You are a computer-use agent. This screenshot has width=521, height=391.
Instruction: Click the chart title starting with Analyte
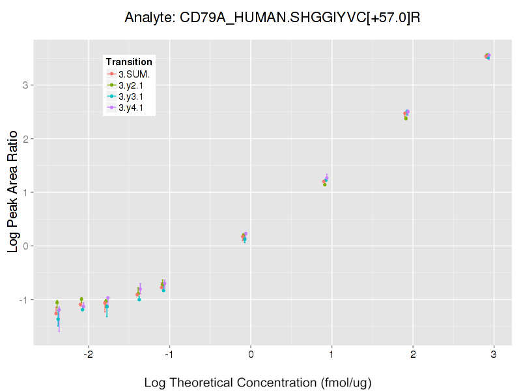pyautogui.click(x=272, y=18)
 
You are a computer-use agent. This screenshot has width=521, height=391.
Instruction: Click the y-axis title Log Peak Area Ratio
pyautogui.click(x=13, y=192)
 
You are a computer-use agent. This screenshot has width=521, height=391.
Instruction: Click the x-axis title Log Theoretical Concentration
pyautogui.click(x=258, y=383)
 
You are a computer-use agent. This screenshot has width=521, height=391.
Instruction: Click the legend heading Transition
pyautogui.click(x=129, y=62)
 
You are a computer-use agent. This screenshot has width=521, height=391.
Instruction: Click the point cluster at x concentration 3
pyautogui.click(x=487, y=57)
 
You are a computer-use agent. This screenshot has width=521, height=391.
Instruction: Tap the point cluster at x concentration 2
pyautogui.click(x=406, y=114)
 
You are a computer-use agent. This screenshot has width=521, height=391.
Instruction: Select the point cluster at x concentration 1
pyautogui.click(x=325, y=181)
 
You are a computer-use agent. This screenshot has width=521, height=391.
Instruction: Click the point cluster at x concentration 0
pyautogui.click(x=244, y=237)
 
